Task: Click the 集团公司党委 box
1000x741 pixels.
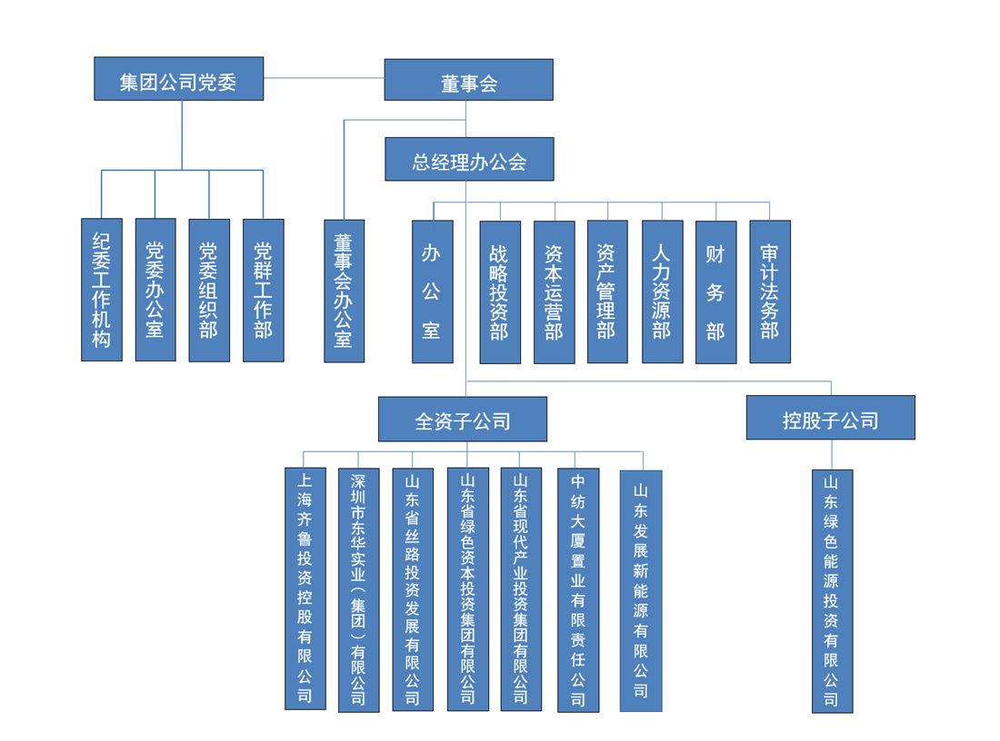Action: click(x=178, y=79)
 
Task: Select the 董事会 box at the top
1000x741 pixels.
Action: click(x=468, y=80)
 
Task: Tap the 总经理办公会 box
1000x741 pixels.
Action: click(x=468, y=160)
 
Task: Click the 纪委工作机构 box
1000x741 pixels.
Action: click(x=101, y=290)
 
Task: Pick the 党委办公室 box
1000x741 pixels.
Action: click(x=155, y=290)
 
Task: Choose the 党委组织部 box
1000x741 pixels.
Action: click(x=209, y=290)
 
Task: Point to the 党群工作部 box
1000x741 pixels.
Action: click(x=263, y=290)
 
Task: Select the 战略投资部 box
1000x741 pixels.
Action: click(x=500, y=291)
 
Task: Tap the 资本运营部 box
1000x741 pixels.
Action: click(x=554, y=291)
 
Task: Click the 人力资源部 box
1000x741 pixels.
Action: click(x=662, y=291)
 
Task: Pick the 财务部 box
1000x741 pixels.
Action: click(x=715, y=291)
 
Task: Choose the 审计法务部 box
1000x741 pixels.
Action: click(x=769, y=291)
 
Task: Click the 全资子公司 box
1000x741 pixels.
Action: click(x=463, y=420)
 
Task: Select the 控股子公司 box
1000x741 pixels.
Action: click(x=830, y=419)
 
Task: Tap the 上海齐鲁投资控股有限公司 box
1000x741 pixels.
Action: click(x=305, y=588)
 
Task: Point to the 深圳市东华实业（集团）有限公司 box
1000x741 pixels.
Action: click(x=358, y=589)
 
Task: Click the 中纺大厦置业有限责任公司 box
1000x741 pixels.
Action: click(x=578, y=589)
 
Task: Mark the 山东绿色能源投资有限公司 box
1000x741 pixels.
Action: click(x=832, y=590)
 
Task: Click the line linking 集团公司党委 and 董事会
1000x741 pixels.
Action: click(x=324, y=78)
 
